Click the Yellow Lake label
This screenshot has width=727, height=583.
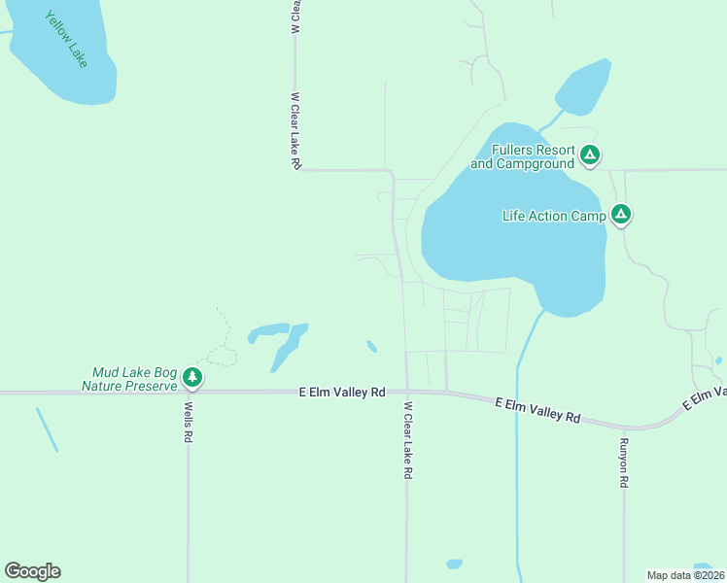pyautogui.click(x=66, y=39)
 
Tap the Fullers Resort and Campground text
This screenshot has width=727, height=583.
pyautogui.click(x=521, y=156)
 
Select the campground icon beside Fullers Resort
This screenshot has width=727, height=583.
pyautogui.click(x=590, y=154)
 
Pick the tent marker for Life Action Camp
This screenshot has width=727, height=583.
pyautogui.click(x=621, y=215)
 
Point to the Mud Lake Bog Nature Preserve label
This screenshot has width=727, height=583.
pyautogui.click(x=135, y=379)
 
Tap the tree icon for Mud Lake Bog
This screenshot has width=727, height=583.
pyautogui.click(x=192, y=377)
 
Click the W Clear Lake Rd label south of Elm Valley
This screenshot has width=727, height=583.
pyautogui.click(x=409, y=440)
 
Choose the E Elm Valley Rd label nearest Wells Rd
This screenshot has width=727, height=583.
pyautogui.click(x=342, y=392)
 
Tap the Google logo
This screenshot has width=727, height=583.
pyautogui.click(x=32, y=570)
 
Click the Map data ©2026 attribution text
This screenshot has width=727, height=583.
pyautogui.click(x=685, y=574)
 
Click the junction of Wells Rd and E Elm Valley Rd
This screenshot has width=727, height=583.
pyautogui.click(x=189, y=393)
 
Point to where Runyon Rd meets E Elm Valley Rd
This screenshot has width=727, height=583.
pyautogui.click(x=624, y=428)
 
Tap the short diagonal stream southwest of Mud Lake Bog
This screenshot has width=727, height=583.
pyautogui.click(x=47, y=429)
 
